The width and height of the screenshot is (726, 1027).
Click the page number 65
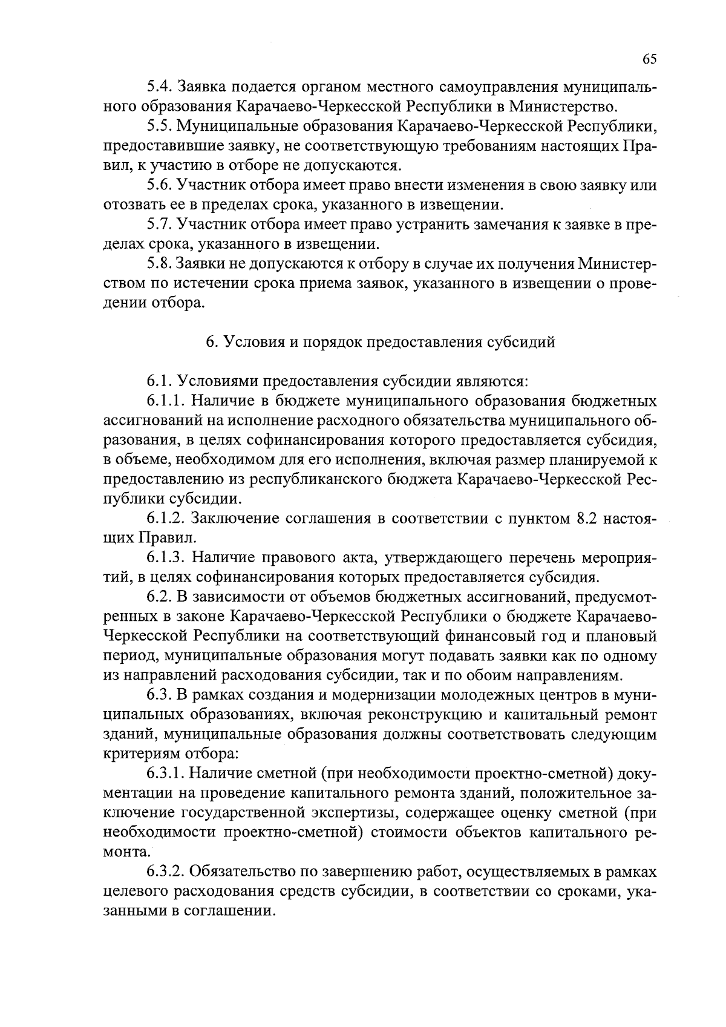[649, 59]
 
